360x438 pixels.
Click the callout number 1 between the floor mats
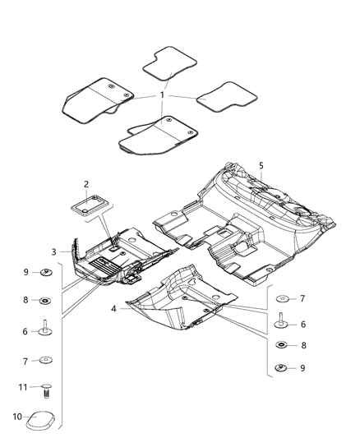tap(162, 95)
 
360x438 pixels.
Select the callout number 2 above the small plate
tap(86, 184)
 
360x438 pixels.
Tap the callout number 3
tap(54, 252)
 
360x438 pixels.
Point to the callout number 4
tap(113, 309)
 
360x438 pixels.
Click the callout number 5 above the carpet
tap(261, 166)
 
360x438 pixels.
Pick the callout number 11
tap(23, 387)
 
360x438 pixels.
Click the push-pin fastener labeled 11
tap(47, 391)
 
